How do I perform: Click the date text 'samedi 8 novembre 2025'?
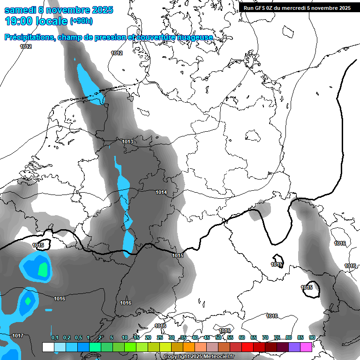(x=59, y=10)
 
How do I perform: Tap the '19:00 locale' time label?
(x=36, y=21)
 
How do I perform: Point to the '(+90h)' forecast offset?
(x=81, y=21)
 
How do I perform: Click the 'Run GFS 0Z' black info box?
(x=298, y=7)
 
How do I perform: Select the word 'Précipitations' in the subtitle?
(x=29, y=37)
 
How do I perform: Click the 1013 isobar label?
(x=127, y=142)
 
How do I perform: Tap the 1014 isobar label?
(x=161, y=192)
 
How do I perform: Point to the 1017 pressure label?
(x=18, y=336)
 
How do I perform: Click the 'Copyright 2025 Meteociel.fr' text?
(x=199, y=357)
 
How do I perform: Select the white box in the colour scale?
(x=48, y=347)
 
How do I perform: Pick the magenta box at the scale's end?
(x=306, y=347)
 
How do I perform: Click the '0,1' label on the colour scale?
(x=54, y=338)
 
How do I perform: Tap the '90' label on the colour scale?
(x=312, y=338)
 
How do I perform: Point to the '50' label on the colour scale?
(x=218, y=338)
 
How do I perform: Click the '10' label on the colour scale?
(x=125, y=338)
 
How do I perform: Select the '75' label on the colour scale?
(x=277, y=338)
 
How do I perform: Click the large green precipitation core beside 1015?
(x=43, y=269)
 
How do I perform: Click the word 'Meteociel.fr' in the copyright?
(x=219, y=357)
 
